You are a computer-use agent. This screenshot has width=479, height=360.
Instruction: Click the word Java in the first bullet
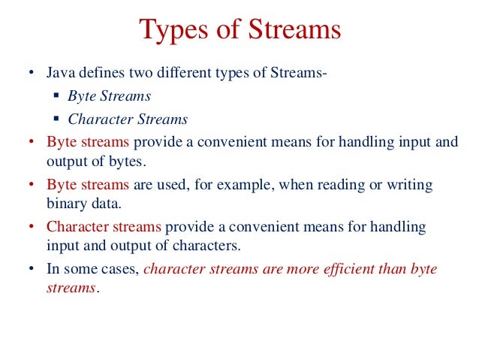tap(60, 74)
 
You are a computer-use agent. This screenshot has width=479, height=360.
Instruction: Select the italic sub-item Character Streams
tap(128, 119)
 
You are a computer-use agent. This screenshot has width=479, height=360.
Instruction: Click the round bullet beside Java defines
tap(31, 74)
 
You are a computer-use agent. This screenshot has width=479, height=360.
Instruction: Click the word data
tap(104, 204)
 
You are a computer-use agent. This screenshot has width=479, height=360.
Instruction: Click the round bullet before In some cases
tap(31, 269)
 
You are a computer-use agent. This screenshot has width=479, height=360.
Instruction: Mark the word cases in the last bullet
tap(120, 269)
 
